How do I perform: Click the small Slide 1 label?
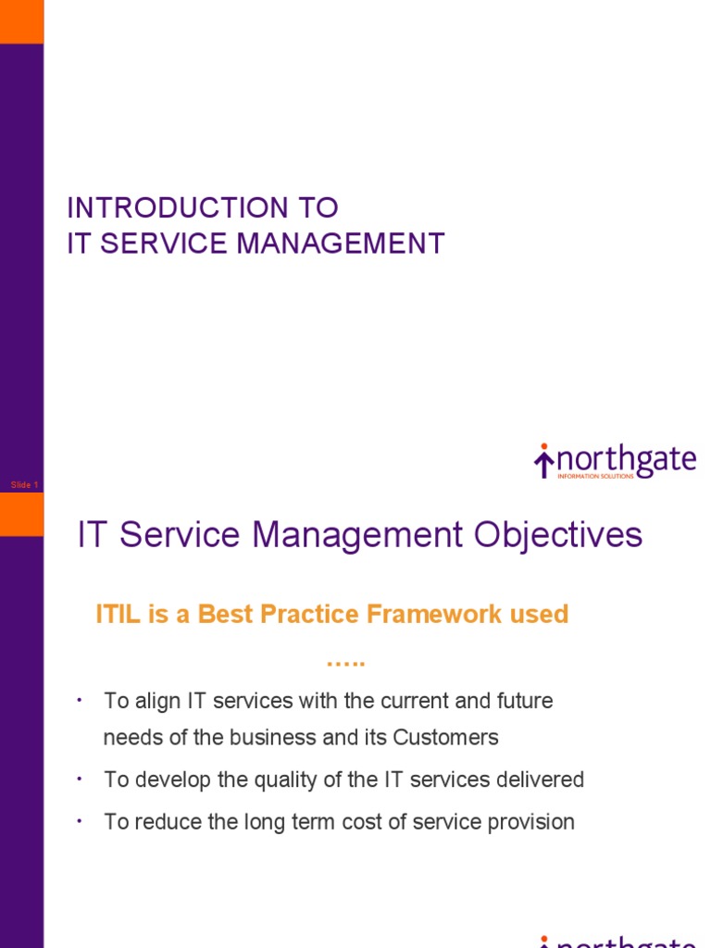[x=24, y=485]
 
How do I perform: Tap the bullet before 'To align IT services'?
[x=81, y=700]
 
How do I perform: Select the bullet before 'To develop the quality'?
[x=81, y=780]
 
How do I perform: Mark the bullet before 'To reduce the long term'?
[x=81, y=821]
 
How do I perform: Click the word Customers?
[x=445, y=738]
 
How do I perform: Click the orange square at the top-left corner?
[x=21, y=21]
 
